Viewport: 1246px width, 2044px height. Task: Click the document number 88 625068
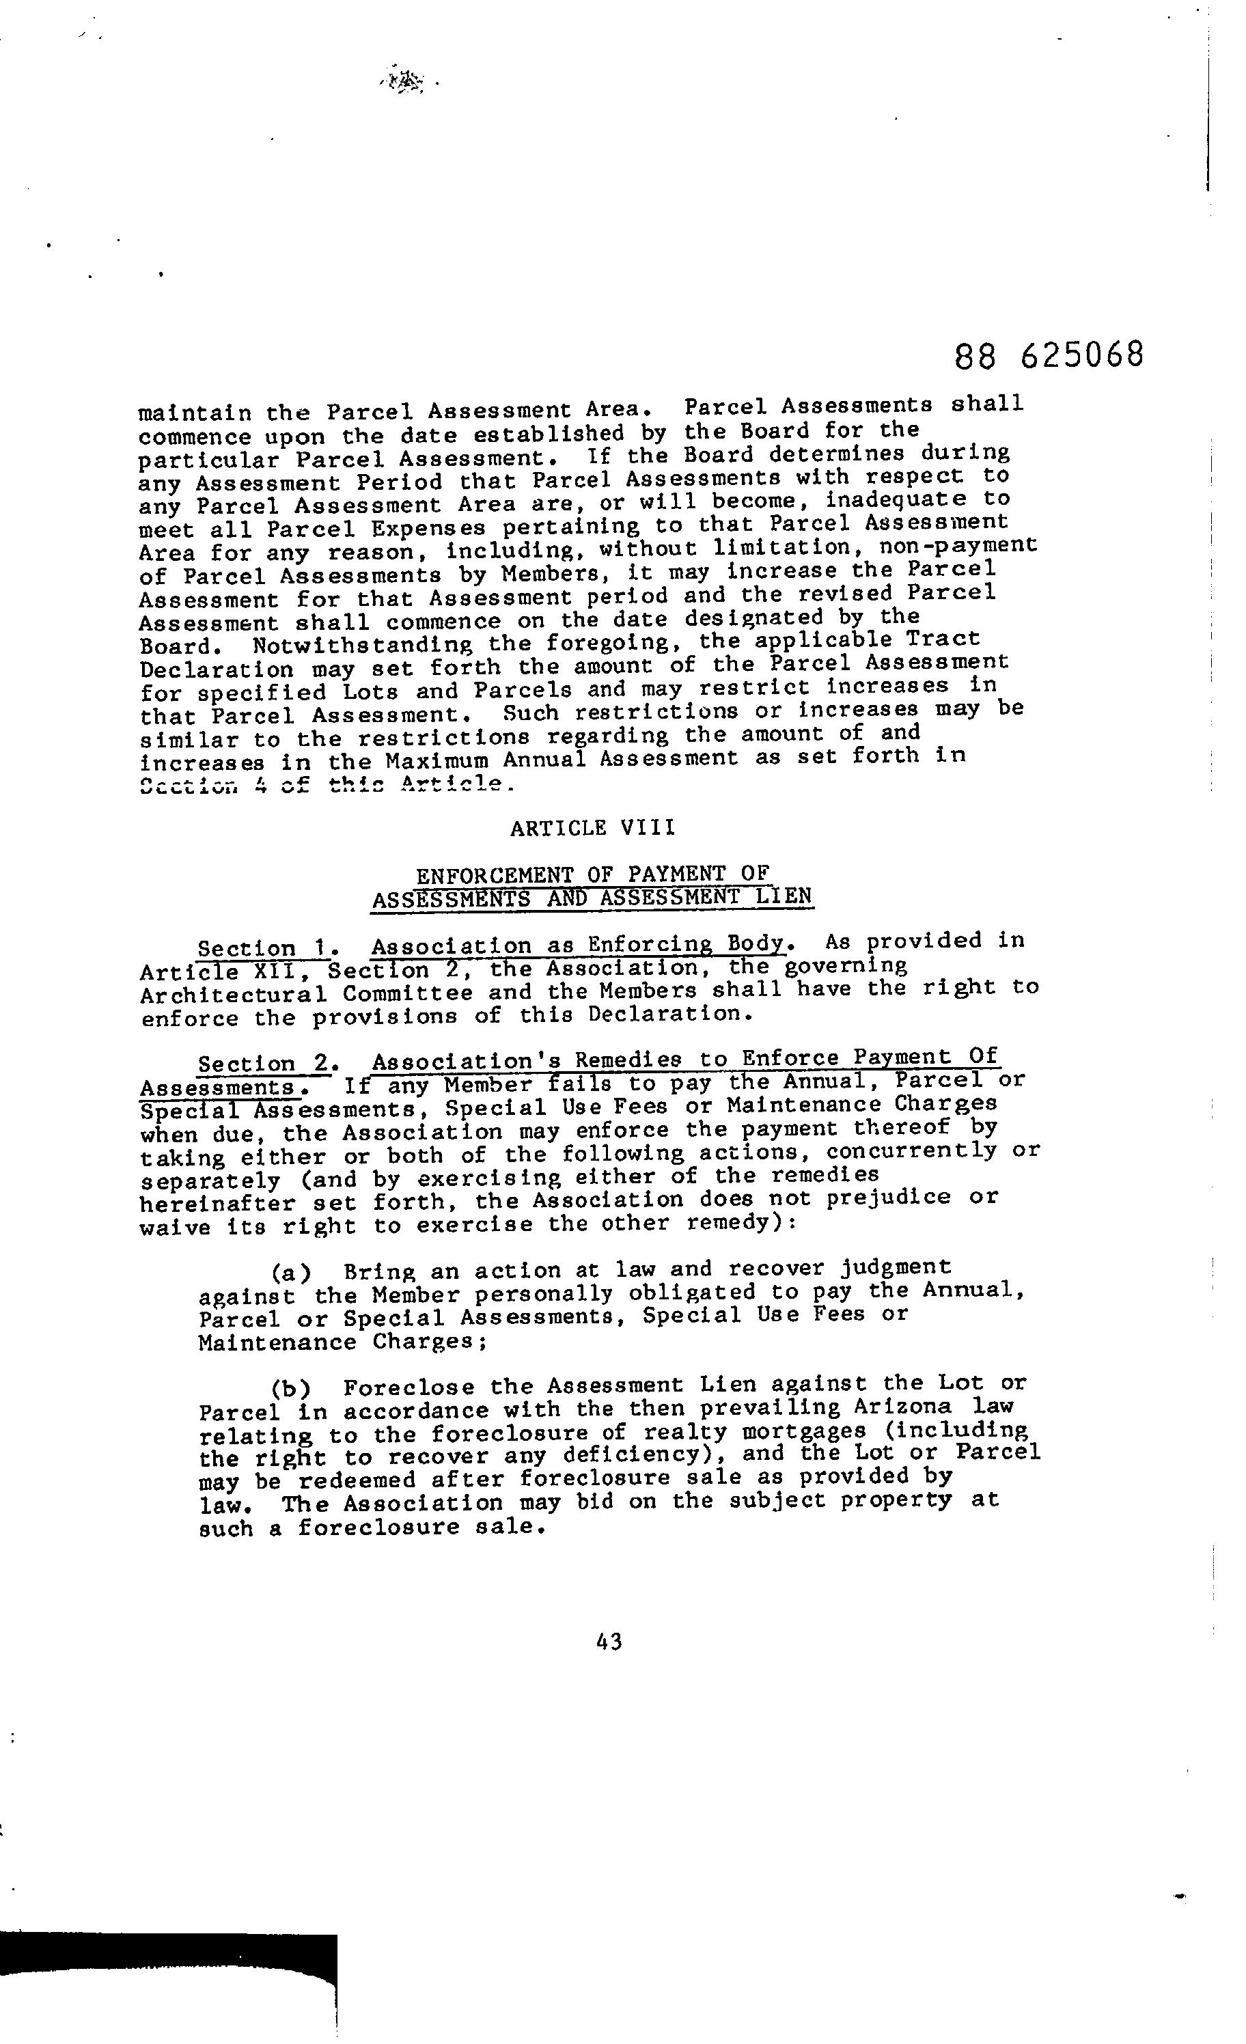point(1049,356)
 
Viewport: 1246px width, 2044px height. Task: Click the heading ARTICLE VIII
point(592,828)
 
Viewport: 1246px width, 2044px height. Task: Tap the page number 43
point(609,1642)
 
